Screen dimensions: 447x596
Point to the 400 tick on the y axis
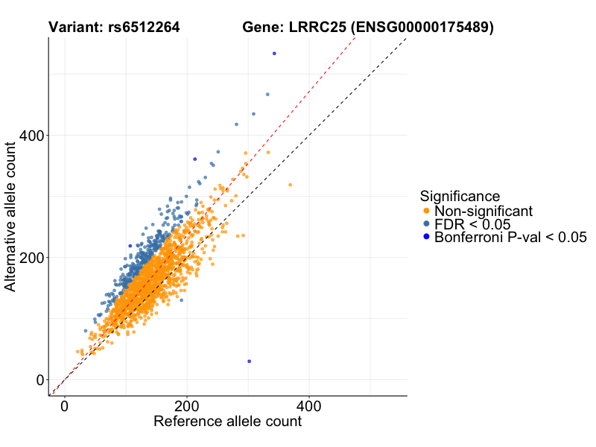tap(30, 136)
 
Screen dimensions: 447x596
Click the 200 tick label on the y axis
tap(30, 258)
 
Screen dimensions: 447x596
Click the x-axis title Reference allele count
tap(227, 422)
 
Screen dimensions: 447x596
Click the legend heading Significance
tap(460, 197)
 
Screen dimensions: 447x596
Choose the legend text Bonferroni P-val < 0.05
tap(511, 238)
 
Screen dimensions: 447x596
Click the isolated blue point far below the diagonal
tap(249, 361)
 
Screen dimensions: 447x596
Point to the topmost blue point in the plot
tap(274, 54)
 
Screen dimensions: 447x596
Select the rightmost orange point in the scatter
tap(290, 185)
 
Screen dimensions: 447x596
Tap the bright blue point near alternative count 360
tap(194, 159)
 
